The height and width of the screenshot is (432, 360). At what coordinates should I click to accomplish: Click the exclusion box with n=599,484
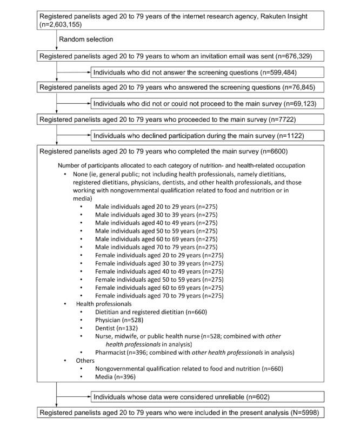(209, 72)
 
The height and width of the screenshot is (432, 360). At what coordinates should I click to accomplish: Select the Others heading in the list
(86, 360)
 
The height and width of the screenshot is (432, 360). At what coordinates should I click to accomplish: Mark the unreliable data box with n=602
(209, 397)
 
